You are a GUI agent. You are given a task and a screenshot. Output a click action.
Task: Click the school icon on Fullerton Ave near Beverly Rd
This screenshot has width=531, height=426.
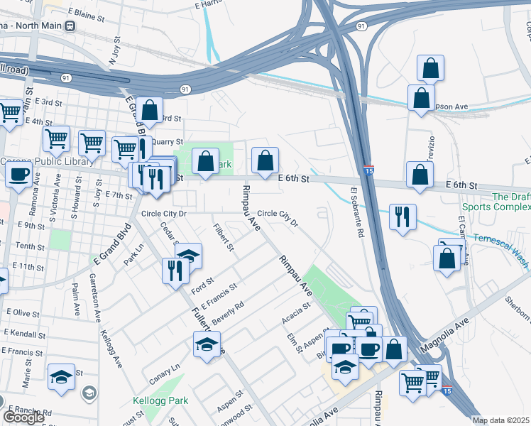click(x=207, y=344)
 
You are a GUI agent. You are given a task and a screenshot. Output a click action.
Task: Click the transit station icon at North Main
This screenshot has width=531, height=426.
click(x=70, y=26)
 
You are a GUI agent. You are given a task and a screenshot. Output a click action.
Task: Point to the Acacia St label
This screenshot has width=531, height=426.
click(x=297, y=312)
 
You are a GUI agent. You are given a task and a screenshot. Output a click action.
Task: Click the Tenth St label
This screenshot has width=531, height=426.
click(x=31, y=246)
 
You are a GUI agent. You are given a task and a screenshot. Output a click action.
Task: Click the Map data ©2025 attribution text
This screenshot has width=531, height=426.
click(x=501, y=420)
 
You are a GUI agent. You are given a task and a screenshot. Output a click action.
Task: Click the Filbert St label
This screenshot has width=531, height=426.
click(x=224, y=237)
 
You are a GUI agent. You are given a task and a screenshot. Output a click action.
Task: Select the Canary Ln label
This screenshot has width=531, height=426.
click(x=165, y=368)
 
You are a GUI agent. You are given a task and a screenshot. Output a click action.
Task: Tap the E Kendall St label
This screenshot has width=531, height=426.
click(x=25, y=333)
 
